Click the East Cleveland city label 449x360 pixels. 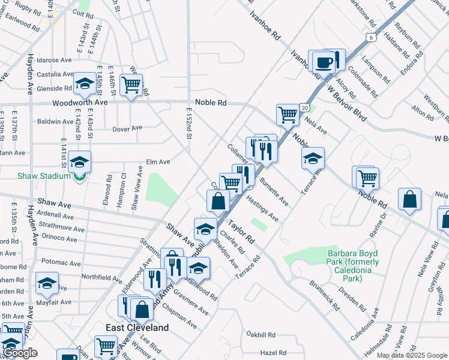coord(137,328)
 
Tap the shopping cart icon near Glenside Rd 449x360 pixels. coord(131,84)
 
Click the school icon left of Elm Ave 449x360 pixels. coord(79,162)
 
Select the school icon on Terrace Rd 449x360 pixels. coord(312,158)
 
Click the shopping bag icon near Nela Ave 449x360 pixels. coord(409,200)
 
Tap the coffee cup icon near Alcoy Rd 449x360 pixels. coord(323,62)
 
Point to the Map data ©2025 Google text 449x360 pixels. coord(412,355)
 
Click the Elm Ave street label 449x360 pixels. coord(158,162)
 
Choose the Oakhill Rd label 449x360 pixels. coord(261,334)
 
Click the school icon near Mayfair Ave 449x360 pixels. coord(47,283)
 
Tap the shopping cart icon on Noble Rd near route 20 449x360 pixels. coord(288,114)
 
